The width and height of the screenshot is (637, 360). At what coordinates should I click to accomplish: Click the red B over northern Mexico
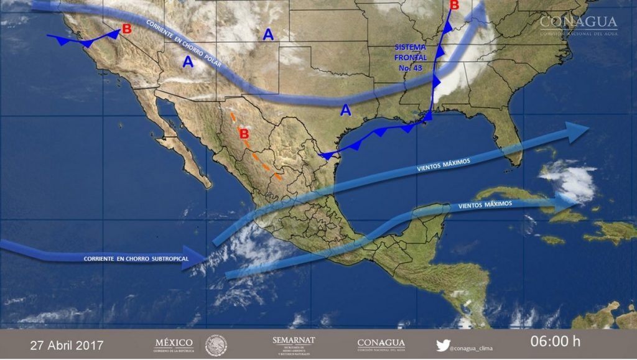(244, 133)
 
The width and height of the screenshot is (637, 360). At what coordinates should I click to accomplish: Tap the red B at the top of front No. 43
(454, 6)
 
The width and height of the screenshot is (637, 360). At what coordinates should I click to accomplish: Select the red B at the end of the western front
(127, 29)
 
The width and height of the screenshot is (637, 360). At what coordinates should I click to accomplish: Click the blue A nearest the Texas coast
(346, 111)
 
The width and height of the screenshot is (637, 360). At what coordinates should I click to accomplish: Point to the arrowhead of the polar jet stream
(479, 11)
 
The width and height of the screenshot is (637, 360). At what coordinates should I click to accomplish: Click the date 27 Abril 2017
(67, 344)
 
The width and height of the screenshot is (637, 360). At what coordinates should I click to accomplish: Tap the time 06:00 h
(555, 341)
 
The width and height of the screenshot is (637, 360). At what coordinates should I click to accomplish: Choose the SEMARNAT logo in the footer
(294, 344)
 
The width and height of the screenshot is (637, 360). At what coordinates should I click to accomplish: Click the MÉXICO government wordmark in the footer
(174, 344)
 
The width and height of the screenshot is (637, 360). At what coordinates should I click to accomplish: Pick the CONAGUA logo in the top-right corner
(578, 25)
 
